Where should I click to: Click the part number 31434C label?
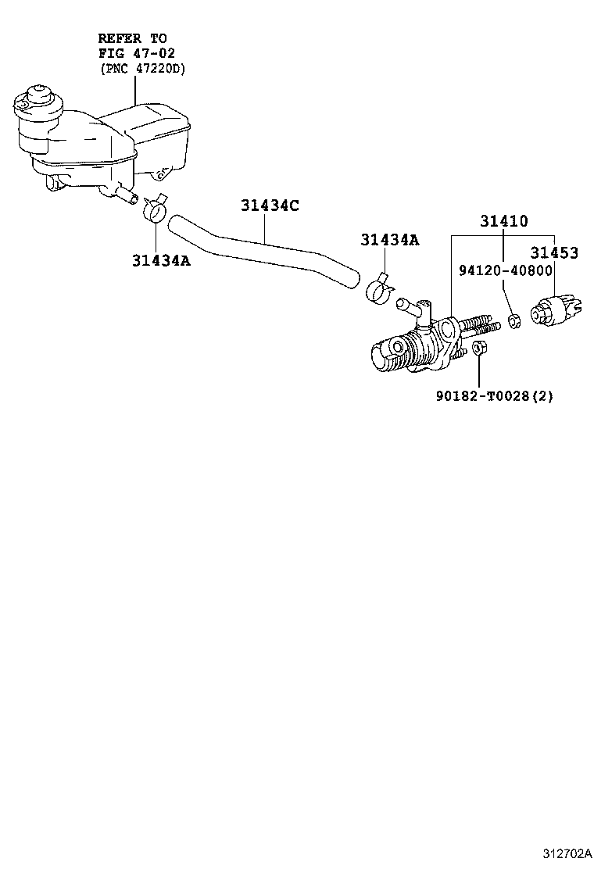tap(270, 206)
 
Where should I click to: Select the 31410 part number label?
tap(503, 221)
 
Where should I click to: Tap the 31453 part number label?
tap(554, 252)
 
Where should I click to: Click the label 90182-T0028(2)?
tap(494, 396)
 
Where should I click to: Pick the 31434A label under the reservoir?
tap(161, 260)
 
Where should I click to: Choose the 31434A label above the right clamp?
tap(389, 240)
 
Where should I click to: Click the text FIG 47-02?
tap(136, 52)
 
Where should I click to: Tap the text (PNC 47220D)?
tap(142, 68)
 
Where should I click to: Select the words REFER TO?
tap(132, 38)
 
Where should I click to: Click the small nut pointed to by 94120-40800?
tap(514, 320)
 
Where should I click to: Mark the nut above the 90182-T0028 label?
tap(481, 348)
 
